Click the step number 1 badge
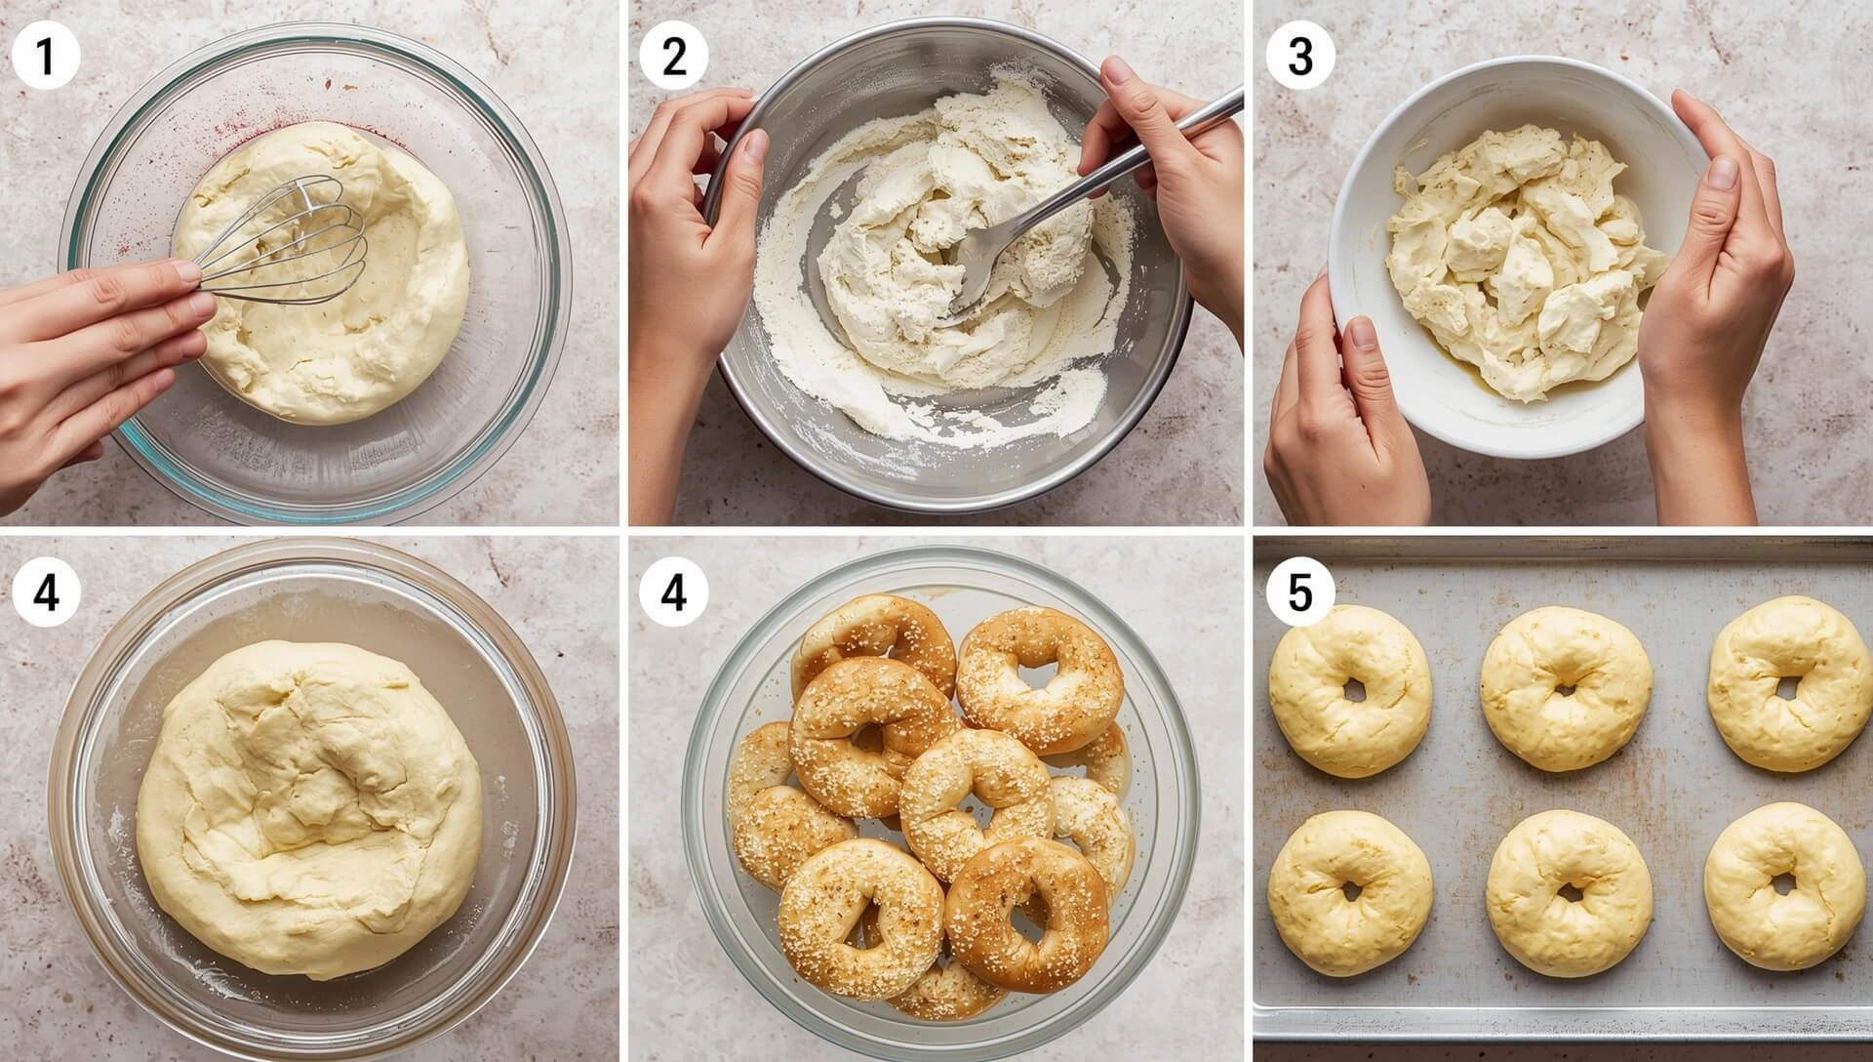(46, 58)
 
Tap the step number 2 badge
(673, 58)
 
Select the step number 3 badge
(1300, 58)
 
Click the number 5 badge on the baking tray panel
(1300, 592)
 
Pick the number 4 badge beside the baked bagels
(673, 592)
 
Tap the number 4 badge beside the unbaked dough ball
(46, 592)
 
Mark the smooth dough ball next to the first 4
(310, 810)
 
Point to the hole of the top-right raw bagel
(1785, 687)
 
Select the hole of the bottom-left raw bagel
(1351, 890)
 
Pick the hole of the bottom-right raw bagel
(1782, 884)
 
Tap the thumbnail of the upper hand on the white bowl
(1723, 172)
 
